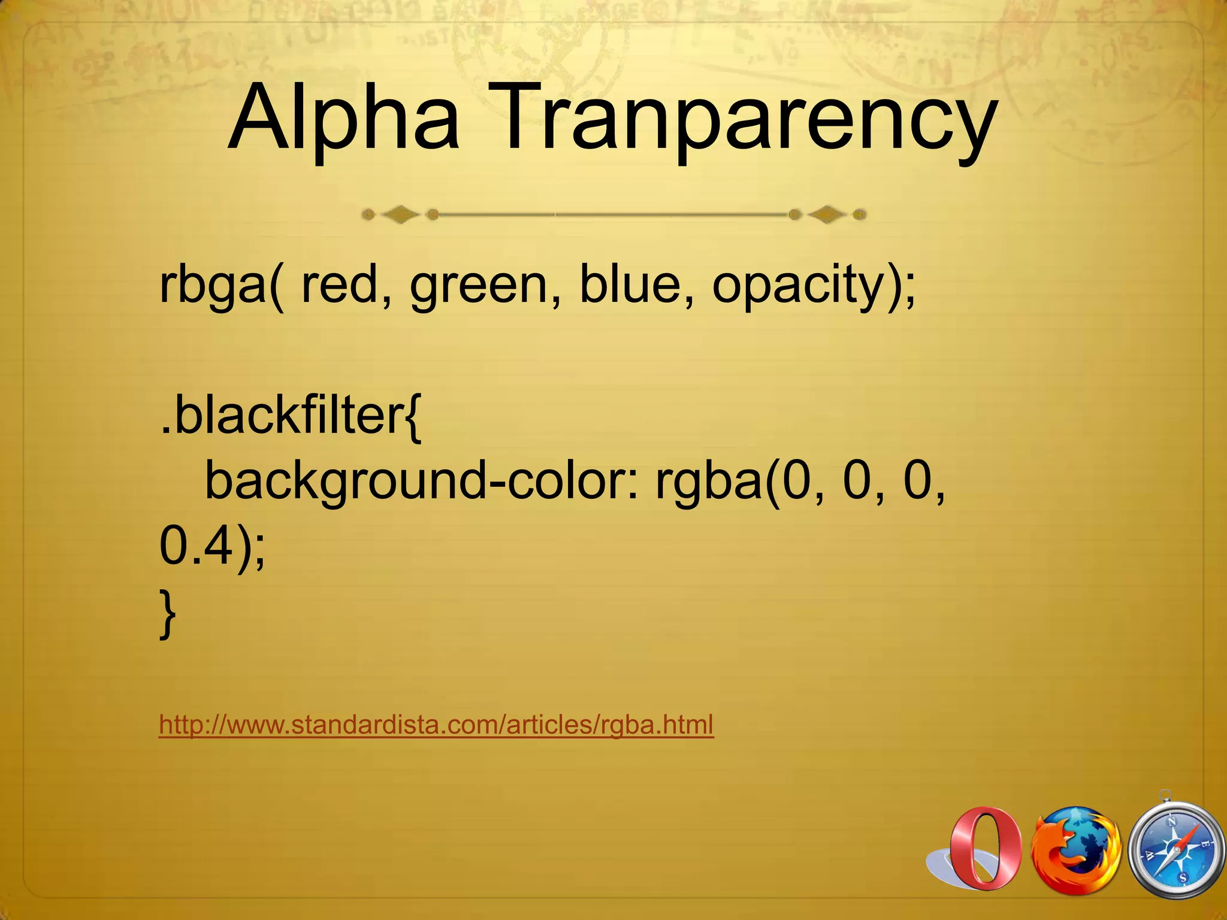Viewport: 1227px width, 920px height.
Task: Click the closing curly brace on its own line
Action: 168,614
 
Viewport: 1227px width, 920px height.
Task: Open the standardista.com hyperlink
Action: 436,725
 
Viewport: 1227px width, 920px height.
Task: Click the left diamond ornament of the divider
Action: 400,214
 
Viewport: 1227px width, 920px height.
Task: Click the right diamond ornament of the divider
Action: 827,214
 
